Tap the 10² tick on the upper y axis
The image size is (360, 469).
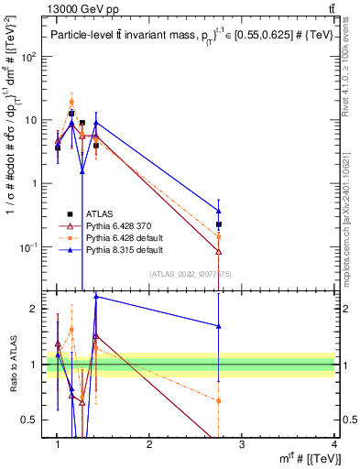click(x=30, y=57)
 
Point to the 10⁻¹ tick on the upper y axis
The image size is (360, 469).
click(x=30, y=247)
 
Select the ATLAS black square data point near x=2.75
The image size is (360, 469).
click(x=219, y=224)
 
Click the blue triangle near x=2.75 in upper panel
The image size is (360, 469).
click(x=219, y=211)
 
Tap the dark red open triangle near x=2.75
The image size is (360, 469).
click(x=219, y=251)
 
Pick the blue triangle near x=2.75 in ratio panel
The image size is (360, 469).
click(x=219, y=325)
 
